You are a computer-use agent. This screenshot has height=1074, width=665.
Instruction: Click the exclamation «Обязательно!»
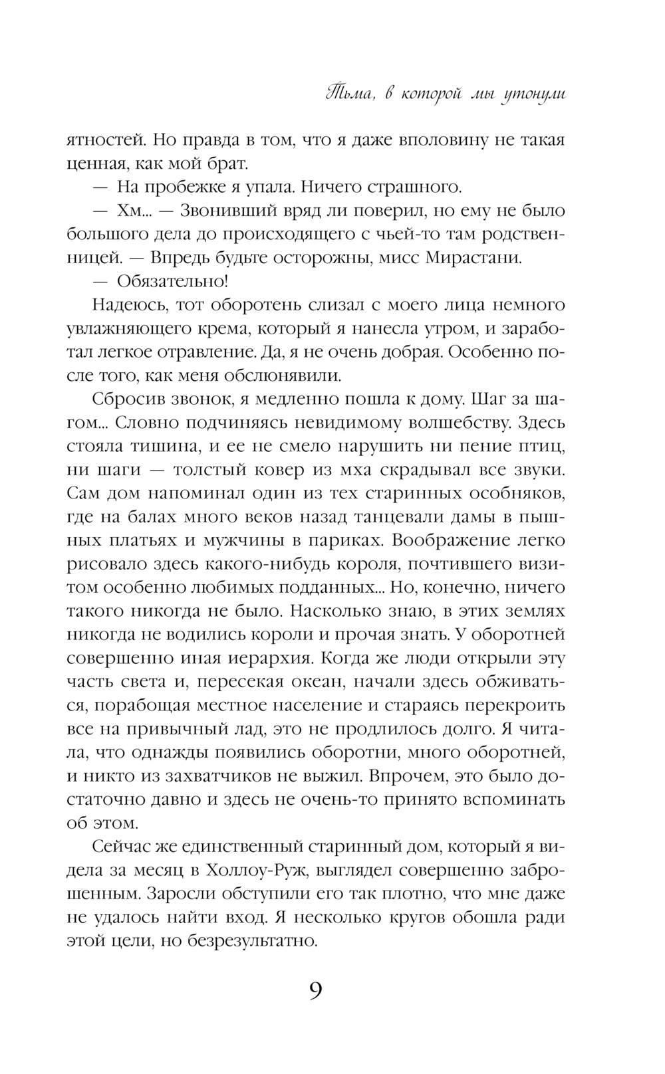point(173,280)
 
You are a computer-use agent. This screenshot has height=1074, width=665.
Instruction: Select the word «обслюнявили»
point(289,376)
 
